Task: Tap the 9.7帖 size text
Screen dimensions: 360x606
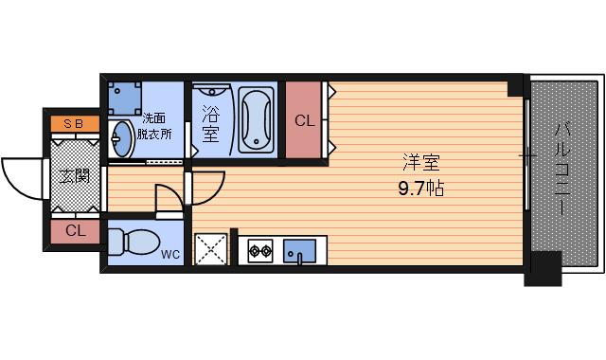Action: (420, 188)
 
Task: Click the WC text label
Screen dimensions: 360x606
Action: (170, 254)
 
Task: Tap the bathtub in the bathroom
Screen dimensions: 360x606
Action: (256, 120)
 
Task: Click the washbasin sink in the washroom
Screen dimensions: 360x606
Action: (121, 140)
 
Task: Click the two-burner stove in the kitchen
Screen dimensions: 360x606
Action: (260, 251)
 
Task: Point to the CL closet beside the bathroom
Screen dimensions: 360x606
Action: (304, 120)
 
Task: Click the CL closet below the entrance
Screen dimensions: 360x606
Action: (76, 230)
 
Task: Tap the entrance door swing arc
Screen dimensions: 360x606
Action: (24, 177)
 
